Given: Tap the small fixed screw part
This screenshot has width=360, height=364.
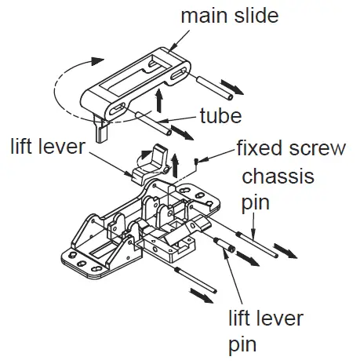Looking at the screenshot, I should (202, 160).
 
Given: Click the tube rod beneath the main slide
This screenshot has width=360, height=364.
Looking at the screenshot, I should (153, 122).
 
